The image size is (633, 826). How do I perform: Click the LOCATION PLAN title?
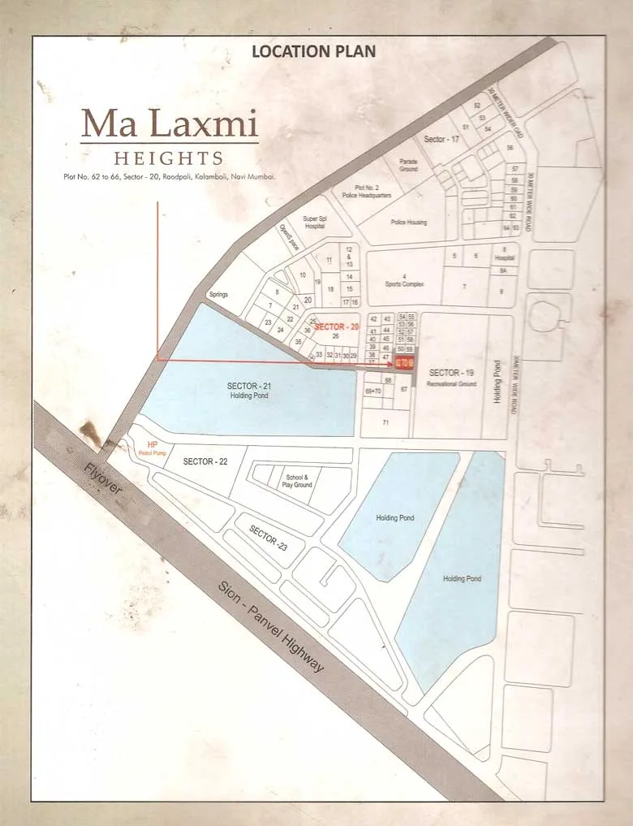point(313,52)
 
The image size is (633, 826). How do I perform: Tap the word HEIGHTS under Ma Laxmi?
point(169,158)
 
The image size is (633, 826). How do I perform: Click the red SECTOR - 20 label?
point(336,326)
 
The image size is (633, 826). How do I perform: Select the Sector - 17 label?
point(441,140)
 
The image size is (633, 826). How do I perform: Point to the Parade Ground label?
point(408,165)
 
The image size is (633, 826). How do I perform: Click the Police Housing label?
point(408,222)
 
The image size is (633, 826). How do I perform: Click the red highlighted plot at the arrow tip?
point(405,362)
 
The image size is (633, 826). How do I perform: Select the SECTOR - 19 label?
point(451,372)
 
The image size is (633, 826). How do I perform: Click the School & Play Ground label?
point(297,481)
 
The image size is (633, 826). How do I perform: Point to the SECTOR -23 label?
point(268,538)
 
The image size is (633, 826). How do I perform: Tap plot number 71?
point(385,423)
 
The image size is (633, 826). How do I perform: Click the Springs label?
point(218,294)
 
